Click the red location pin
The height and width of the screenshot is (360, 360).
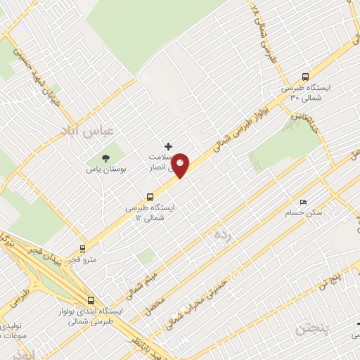tap(181, 165)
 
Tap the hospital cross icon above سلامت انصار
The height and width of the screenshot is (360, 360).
tap(167, 146)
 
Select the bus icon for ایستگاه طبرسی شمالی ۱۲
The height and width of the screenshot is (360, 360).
tap(149, 197)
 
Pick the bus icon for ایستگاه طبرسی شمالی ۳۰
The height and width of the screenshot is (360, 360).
tap(305, 77)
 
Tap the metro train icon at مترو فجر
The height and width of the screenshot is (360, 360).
tap(83, 248)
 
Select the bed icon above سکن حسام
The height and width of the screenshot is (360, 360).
tap(303, 201)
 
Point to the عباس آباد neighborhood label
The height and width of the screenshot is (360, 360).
tap(97, 131)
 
